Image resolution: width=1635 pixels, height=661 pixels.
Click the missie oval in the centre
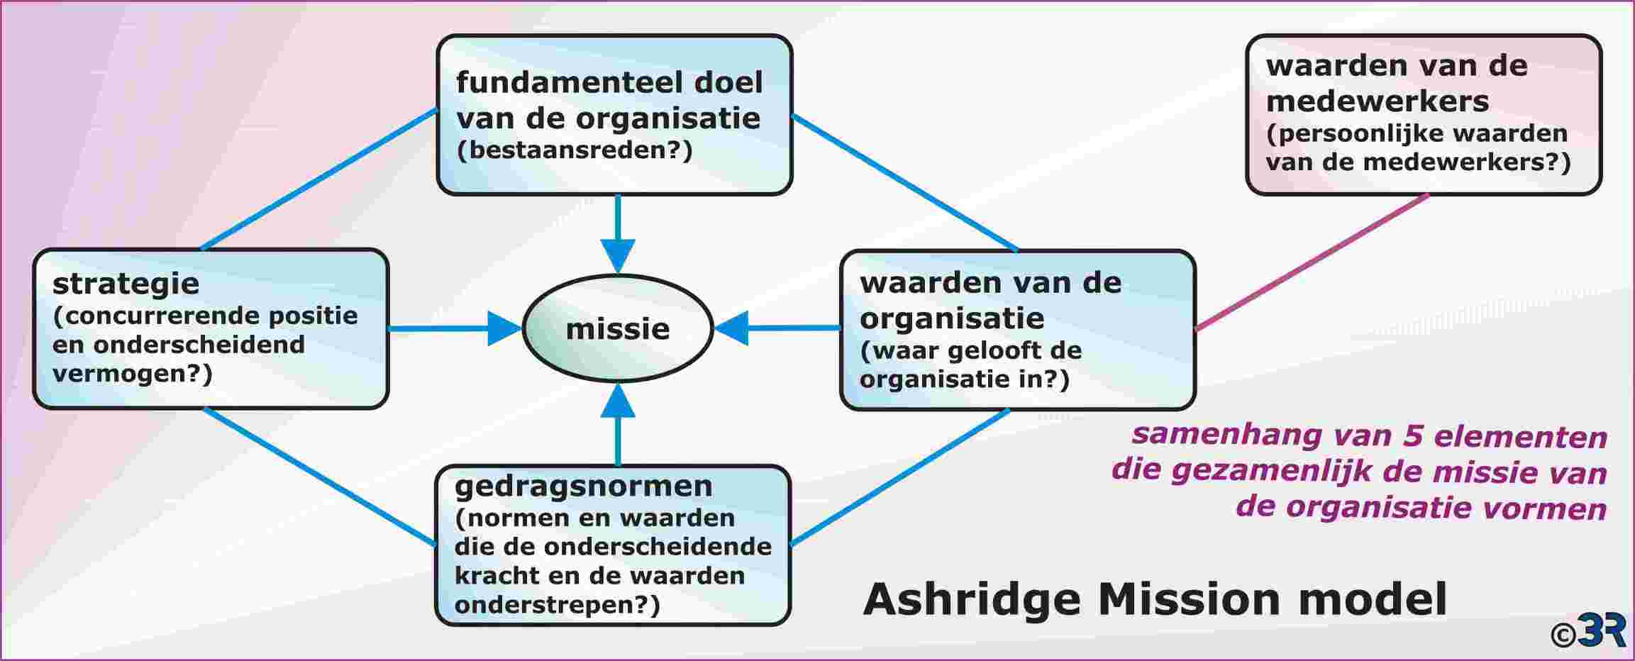pyautogui.click(x=618, y=328)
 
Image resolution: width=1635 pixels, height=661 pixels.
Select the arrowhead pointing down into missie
pyautogui.click(x=618, y=256)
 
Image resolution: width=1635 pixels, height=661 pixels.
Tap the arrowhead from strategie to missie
pyautogui.click(x=505, y=328)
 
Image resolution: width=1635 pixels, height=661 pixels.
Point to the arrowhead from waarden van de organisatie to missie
pyautogui.click(x=731, y=328)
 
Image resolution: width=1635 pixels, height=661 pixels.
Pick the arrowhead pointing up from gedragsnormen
pyautogui.click(x=618, y=400)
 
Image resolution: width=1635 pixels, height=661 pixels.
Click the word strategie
pyautogui.click(x=126, y=284)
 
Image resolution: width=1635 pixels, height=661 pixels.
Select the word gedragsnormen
pyautogui.click(x=583, y=487)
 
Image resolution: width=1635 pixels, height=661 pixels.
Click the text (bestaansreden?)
pyautogui.click(x=575, y=150)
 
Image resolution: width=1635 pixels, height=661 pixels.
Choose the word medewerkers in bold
pyautogui.click(x=1377, y=101)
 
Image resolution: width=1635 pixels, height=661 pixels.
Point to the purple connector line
pyautogui.click(x=1312, y=262)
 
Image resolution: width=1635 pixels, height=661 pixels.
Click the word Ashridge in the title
pyautogui.click(x=972, y=600)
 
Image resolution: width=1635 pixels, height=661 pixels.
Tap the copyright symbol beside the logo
pyautogui.click(x=1563, y=635)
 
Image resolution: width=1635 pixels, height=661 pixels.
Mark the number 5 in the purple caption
pyautogui.click(x=1412, y=435)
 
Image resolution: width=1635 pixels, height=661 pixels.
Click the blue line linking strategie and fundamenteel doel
pyautogui.click(x=319, y=179)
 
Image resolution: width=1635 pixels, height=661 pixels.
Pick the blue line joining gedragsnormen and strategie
pyautogui.click(x=320, y=477)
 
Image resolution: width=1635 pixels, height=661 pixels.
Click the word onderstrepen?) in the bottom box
pyautogui.click(x=557, y=605)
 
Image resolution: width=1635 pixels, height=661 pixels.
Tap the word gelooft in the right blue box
pyautogui.click(x=999, y=350)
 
